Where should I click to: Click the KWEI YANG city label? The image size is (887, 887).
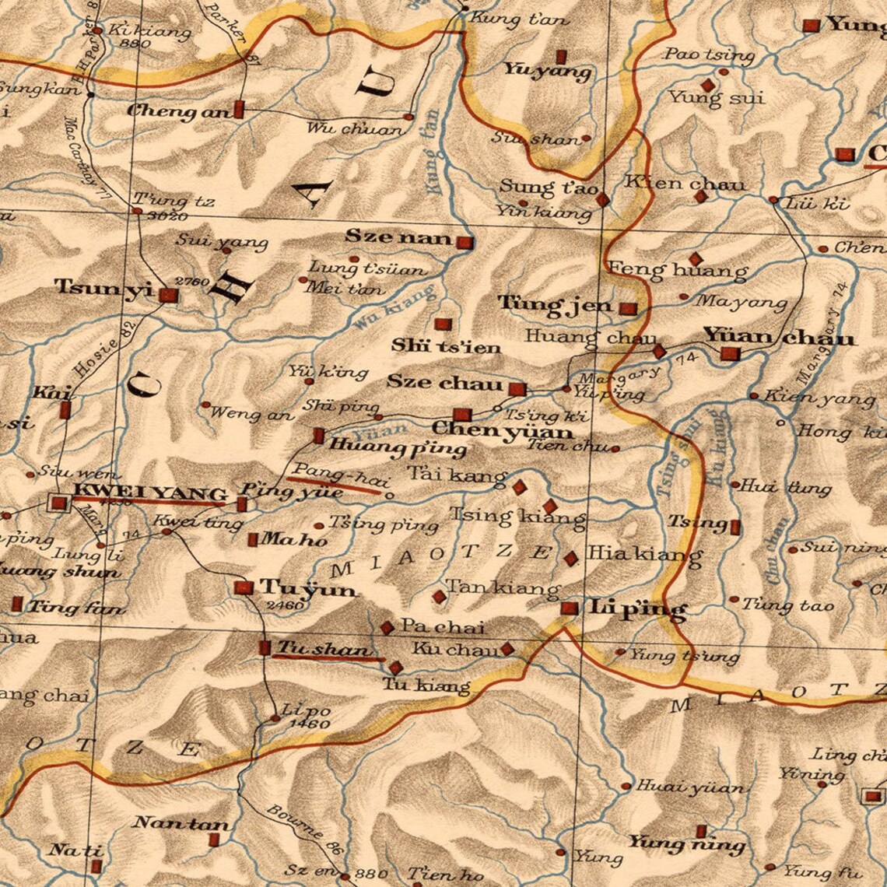coord(149,493)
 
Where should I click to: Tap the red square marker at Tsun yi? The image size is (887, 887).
coord(167,295)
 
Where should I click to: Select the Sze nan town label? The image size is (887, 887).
coord(398,237)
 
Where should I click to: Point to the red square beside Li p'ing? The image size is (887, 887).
coord(570,608)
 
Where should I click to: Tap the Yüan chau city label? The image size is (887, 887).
coord(779,337)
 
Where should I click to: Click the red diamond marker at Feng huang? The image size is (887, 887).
coord(695,258)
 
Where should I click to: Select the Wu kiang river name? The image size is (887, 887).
coord(393,309)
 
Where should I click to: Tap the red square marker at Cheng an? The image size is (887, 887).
coord(239,110)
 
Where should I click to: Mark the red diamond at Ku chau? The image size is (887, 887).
coord(507,648)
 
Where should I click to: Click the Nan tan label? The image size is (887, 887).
coord(181,823)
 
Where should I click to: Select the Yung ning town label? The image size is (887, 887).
coord(686,843)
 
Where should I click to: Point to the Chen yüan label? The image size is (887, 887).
coord(502,430)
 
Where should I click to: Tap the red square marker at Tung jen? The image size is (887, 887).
coord(628,308)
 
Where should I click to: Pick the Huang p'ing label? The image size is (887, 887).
coord(398,448)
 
